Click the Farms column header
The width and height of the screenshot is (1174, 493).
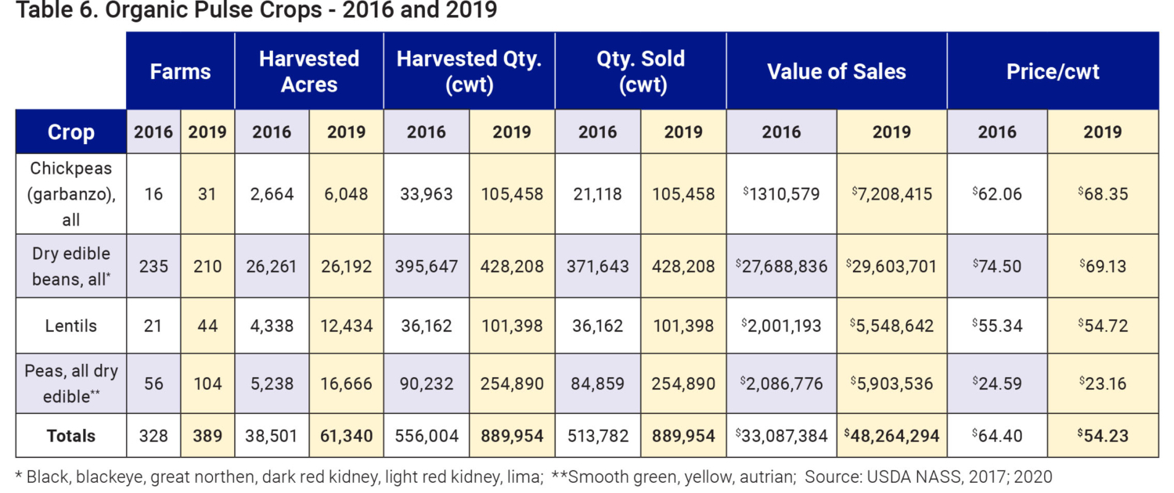(x=181, y=71)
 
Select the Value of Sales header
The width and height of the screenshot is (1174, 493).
(x=836, y=71)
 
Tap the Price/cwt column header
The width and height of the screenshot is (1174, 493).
(x=1052, y=71)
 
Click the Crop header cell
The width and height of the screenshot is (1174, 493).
(x=71, y=131)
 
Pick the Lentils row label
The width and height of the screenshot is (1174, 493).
(x=71, y=326)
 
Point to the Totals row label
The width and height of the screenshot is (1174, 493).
(x=71, y=436)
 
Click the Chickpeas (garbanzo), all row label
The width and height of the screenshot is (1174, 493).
(x=71, y=194)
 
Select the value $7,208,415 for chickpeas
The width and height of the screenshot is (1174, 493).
(x=891, y=193)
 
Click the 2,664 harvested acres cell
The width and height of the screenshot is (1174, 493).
(x=272, y=193)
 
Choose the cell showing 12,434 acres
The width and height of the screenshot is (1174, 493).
(x=346, y=326)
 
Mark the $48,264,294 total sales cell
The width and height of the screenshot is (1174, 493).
(x=891, y=436)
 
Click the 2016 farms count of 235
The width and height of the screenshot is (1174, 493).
(x=153, y=266)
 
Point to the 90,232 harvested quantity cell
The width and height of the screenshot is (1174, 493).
(x=427, y=383)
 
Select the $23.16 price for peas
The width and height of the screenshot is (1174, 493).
(x=1102, y=383)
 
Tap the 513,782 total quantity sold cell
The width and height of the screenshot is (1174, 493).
(x=597, y=436)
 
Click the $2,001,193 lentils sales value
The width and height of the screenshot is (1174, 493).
(x=781, y=326)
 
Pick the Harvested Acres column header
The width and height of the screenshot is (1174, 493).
(x=309, y=71)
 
